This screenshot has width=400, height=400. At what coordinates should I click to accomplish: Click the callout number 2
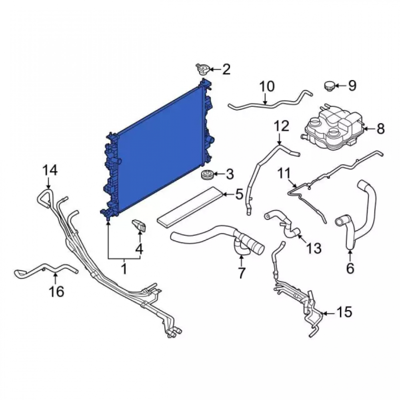[226, 69]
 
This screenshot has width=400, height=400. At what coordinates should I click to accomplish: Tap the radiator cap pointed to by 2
[202, 69]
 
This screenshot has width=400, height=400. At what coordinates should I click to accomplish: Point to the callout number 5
[239, 195]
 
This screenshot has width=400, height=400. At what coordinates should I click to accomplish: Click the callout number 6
[350, 268]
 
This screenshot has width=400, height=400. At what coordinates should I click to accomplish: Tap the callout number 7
[241, 273]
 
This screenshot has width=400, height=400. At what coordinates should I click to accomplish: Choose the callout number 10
[267, 86]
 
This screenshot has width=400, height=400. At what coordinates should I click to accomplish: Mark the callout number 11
[284, 173]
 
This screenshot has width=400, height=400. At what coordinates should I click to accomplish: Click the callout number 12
[282, 126]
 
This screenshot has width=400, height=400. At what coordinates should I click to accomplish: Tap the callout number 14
[50, 170]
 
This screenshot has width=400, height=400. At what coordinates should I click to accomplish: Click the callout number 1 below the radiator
[124, 269]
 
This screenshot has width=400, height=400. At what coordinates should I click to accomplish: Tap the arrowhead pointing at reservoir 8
[365, 129]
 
